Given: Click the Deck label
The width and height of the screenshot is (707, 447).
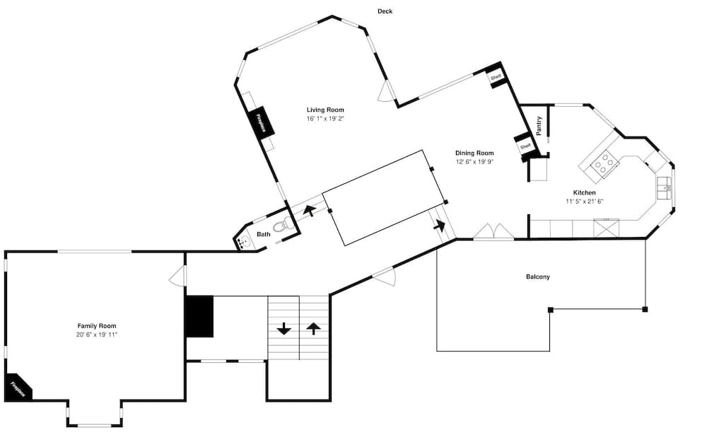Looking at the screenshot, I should (385, 11).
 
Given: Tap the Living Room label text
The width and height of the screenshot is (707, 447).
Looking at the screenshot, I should (325, 110).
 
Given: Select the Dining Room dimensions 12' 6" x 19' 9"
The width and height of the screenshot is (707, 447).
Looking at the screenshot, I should (474, 162).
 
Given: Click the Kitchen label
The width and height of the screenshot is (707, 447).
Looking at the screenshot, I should (584, 192).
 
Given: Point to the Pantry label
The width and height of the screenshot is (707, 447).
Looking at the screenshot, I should (539, 126).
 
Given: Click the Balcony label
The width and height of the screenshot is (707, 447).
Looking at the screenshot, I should (537, 277).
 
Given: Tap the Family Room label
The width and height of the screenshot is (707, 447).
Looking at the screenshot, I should (97, 325).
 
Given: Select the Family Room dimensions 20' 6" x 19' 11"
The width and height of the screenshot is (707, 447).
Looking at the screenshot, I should (97, 334).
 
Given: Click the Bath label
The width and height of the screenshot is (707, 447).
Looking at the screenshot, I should (263, 235).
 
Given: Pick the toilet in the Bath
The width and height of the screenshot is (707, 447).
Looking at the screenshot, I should (283, 226).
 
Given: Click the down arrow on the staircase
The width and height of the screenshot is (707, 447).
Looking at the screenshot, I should (284, 328).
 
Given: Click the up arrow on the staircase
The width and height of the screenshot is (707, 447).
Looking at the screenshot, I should (313, 328).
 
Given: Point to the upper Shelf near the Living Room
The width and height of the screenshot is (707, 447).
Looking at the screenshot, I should (496, 76).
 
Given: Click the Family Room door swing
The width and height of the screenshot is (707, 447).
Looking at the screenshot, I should (177, 277).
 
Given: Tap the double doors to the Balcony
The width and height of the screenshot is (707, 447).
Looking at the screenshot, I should (493, 232).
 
